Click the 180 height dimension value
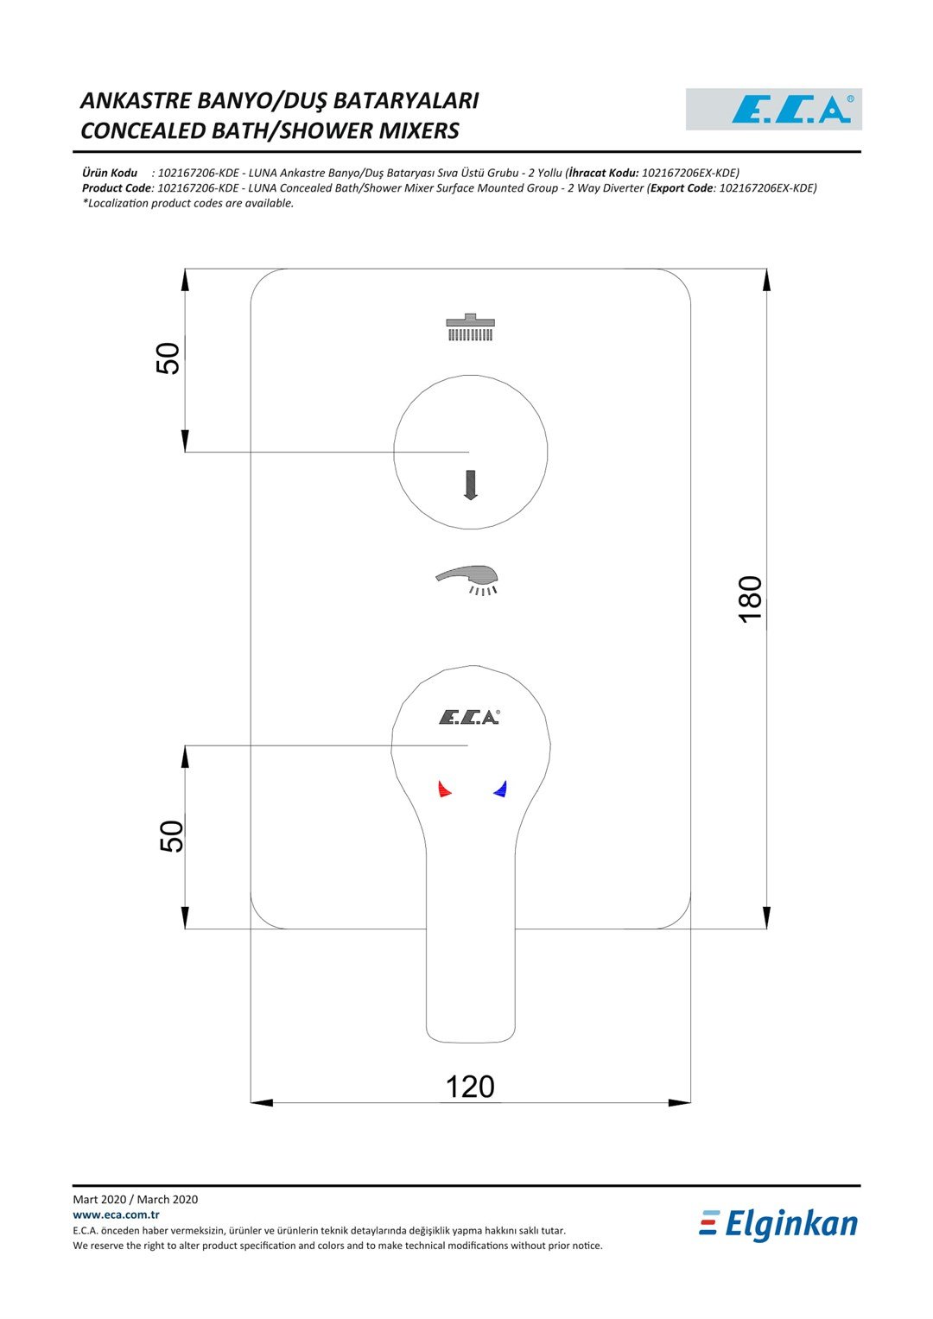[751, 599]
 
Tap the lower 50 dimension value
[171, 836]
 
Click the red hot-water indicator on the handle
[444, 789]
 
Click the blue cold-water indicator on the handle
[500, 789]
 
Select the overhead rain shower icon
[470, 327]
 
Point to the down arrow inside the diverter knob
[470, 485]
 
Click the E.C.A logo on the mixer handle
[469, 717]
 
